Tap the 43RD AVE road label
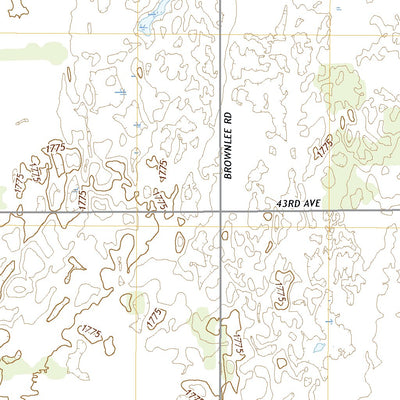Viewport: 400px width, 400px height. click(x=298, y=203)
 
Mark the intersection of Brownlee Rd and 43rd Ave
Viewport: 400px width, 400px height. click(x=220, y=211)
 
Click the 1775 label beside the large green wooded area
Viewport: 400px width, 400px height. click(x=322, y=147)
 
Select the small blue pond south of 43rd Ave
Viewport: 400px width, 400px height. click(x=316, y=350)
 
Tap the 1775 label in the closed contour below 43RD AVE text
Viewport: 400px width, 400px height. click(x=282, y=291)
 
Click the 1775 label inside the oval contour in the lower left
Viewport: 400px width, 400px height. click(x=92, y=330)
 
